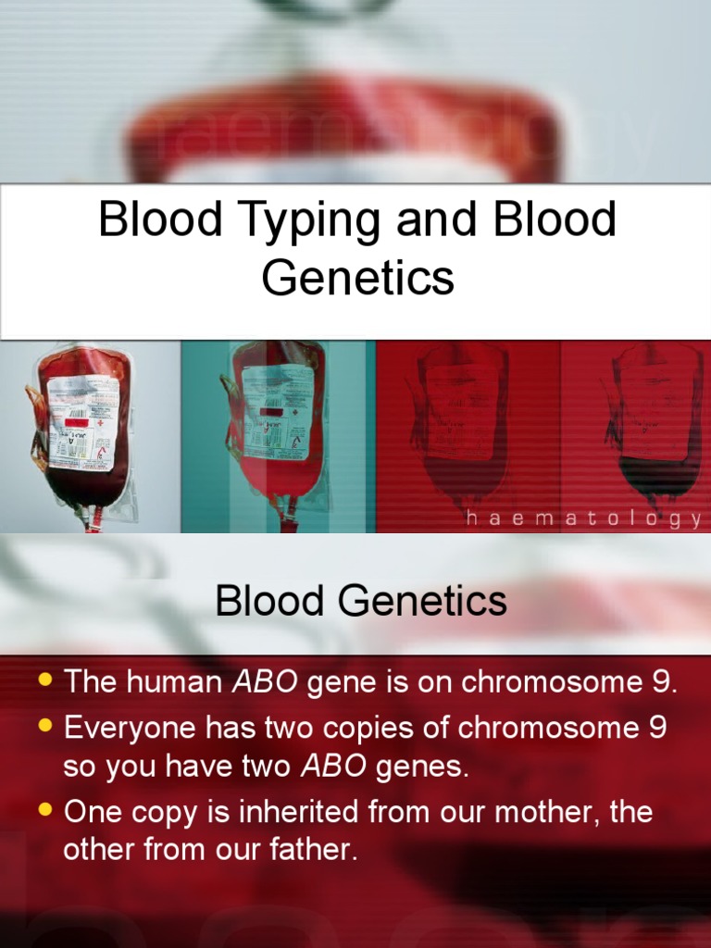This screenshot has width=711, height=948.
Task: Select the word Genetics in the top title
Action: (357, 278)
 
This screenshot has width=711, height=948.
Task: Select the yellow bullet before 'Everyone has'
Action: (44, 727)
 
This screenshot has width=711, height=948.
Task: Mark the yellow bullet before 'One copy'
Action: (44, 810)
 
